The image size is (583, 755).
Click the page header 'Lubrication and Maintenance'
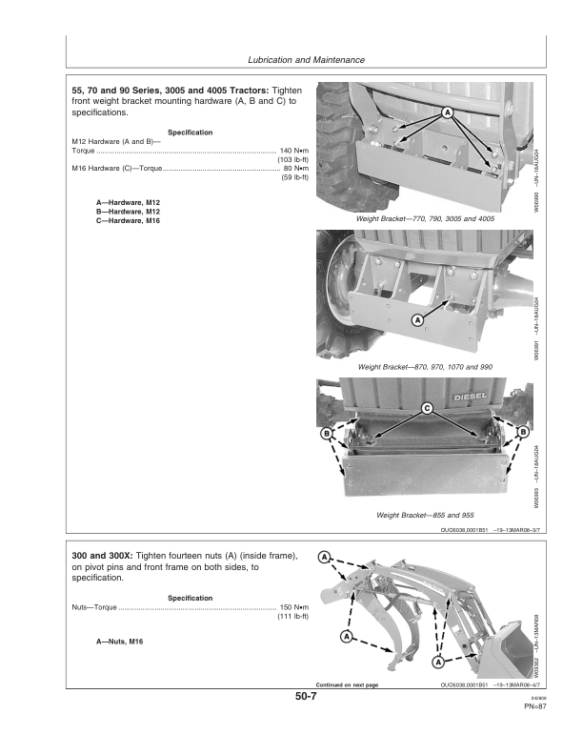pos(306,60)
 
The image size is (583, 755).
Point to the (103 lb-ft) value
pos(290,160)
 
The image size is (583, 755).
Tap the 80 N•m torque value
pos(292,169)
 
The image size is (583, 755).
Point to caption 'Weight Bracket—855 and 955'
pos(425,516)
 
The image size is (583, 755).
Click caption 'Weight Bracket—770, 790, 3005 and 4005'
pos(425,218)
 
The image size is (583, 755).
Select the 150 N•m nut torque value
pos(291,607)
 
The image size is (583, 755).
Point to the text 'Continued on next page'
pos(347,684)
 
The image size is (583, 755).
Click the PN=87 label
pos(533,706)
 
